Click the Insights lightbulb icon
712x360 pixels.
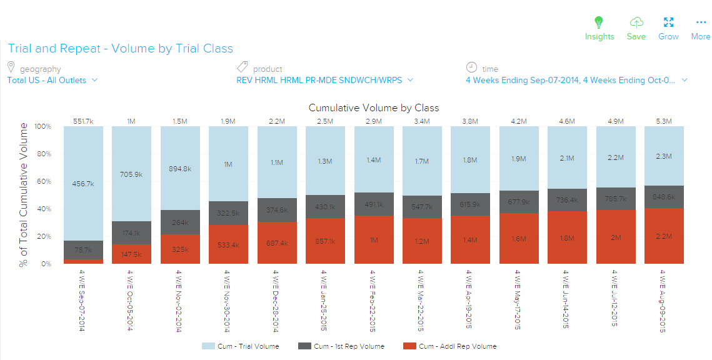click(x=599, y=22)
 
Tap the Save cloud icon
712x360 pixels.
click(x=636, y=22)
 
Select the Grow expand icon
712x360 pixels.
click(x=668, y=22)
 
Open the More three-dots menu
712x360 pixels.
click(x=700, y=22)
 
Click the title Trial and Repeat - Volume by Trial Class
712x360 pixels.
click(x=120, y=49)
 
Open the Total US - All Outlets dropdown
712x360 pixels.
click(x=52, y=80)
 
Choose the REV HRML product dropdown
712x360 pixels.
click(x=324, y=80)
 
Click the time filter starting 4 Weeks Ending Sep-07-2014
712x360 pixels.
click(x=576, y=80)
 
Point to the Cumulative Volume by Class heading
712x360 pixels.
click(x=373, y=108)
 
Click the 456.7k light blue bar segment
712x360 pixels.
click(x=83, y=184)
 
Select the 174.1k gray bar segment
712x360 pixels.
click(x=132, y=233)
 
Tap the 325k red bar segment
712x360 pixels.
click(x=181, y=249)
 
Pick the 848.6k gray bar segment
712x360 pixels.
click(x=664, y=197)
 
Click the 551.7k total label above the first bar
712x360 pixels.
click(x=83, y=121)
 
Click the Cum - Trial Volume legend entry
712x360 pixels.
click(x=240, y=346)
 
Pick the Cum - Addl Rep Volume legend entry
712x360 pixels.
click(x=450, y=346)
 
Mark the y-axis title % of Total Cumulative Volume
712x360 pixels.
click(x=23, y=195)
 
